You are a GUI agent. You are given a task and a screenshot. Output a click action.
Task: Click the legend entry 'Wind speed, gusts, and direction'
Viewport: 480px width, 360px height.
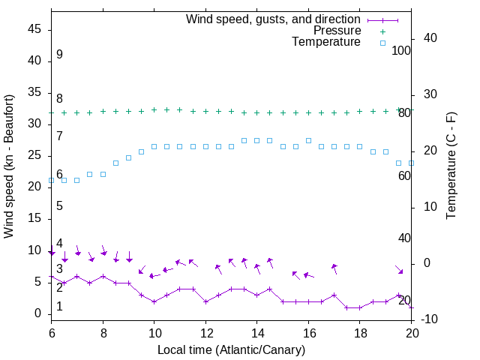pyautogui.click(x=273, y=19)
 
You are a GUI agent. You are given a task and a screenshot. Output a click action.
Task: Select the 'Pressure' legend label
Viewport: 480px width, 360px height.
pyautogui.click(x=336, y=31)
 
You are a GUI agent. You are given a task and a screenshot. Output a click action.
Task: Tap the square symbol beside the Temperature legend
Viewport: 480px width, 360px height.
pyautogui.click(x=382, y=43)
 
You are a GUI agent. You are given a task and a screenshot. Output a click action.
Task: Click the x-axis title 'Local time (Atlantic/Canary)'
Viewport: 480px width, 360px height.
pyautogui.click(x=231, y=349)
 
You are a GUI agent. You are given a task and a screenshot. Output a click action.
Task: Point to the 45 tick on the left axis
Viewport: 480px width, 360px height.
pyautogui.click(x=34, y=30)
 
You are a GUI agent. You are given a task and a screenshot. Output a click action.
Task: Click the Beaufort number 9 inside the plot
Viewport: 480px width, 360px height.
pyautogui.click(x=59, y=55)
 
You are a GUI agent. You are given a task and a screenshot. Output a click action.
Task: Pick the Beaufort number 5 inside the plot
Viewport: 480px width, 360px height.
pyautogui.click(x=59, y=205)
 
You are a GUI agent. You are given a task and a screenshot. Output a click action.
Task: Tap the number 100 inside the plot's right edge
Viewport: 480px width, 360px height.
pyautogui.click(x=401, y=50)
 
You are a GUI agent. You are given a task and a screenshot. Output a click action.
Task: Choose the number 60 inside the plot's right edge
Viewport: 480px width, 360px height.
pyautogui.click(x=404, y=175)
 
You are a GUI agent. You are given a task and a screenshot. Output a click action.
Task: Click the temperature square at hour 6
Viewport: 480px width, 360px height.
pyautogui.click(x=51, y=180)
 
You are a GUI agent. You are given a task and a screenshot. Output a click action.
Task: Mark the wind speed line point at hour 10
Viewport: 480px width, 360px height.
pyautogui.click(x=154, y=301)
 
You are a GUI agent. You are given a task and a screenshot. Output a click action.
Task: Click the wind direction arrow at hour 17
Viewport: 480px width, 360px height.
pyautogui.click(x=334, y=268)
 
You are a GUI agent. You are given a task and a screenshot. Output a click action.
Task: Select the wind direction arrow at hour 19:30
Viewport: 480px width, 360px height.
pyautogui.click(x=400, y=269)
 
